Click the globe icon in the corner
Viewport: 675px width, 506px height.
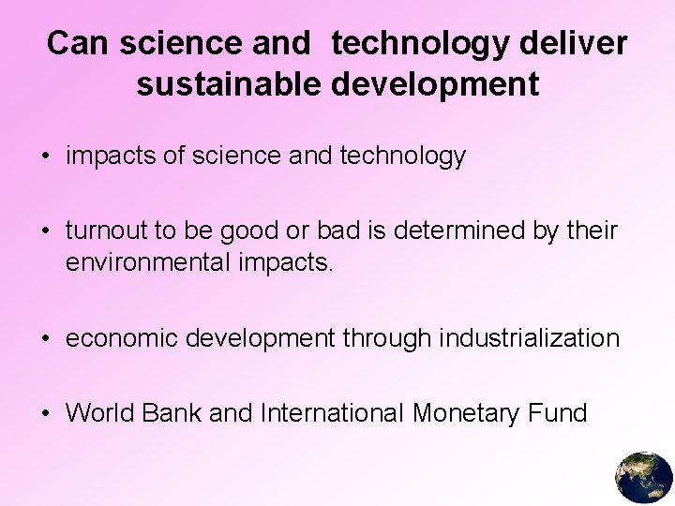(x=644, y=477)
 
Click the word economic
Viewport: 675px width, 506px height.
(x=122, y=338)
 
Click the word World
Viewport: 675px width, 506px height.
(x=99, y=412)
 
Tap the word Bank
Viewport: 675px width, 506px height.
(x=172, y=412)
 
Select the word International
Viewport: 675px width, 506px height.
(x=332, y=412)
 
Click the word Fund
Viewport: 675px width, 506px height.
(x=561, y=412)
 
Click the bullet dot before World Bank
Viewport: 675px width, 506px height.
(x=46, y=413)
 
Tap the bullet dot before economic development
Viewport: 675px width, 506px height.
(x=46, y=339)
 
